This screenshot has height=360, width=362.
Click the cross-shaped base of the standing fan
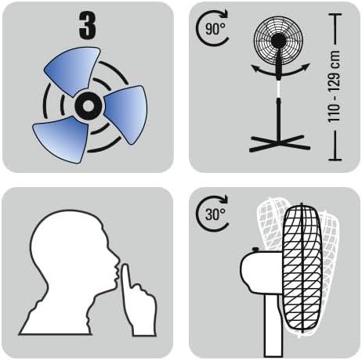click(278, 142)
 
